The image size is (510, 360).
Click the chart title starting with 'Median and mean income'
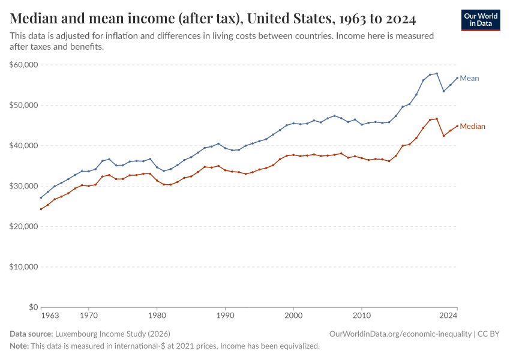[213, 19]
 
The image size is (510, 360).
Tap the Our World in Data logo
[480, 20]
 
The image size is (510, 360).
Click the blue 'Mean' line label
[469, 79]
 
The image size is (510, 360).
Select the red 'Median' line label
[472, 127]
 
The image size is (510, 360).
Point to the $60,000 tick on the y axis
[24, 65]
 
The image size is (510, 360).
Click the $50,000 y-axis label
[24, 105]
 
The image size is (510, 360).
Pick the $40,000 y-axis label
[24, 146]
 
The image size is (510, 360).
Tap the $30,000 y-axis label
[24, 186]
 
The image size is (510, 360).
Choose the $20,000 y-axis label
[24, 227]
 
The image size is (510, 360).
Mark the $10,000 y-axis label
[24, 267]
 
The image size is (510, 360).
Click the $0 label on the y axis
[32, 307]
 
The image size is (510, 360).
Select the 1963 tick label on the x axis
[50, 315]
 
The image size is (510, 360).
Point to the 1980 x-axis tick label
[157, 315]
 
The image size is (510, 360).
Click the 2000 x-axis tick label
[293, 315]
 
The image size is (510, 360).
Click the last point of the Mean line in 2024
[457, 77]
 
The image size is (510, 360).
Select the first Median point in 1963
[41, 209]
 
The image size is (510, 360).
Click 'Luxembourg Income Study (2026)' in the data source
[113, 334]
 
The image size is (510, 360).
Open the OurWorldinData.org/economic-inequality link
[400, 334]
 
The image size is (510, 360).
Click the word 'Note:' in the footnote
[19, 346]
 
